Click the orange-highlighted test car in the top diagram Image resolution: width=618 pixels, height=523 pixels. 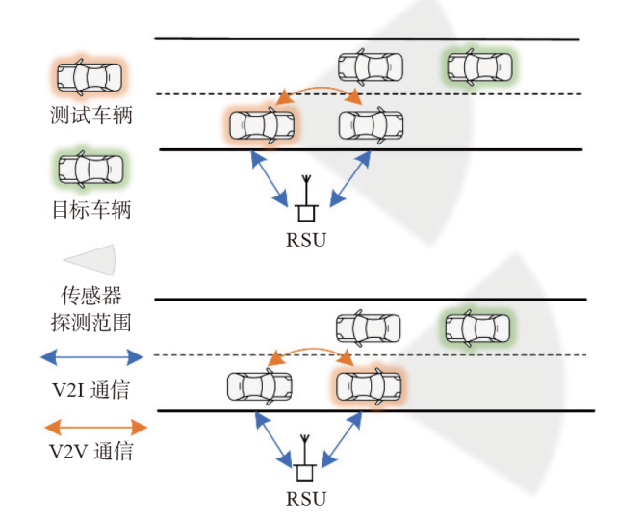click(x=262, y=125)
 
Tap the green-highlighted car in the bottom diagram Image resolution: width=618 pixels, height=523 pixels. click(x=477, y=327)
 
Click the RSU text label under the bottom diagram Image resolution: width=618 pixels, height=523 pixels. click(x=306, y=499)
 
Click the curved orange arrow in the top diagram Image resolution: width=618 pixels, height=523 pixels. click(x=318, y=90)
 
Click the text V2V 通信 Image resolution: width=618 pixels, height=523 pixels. click(x=90, y=452)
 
